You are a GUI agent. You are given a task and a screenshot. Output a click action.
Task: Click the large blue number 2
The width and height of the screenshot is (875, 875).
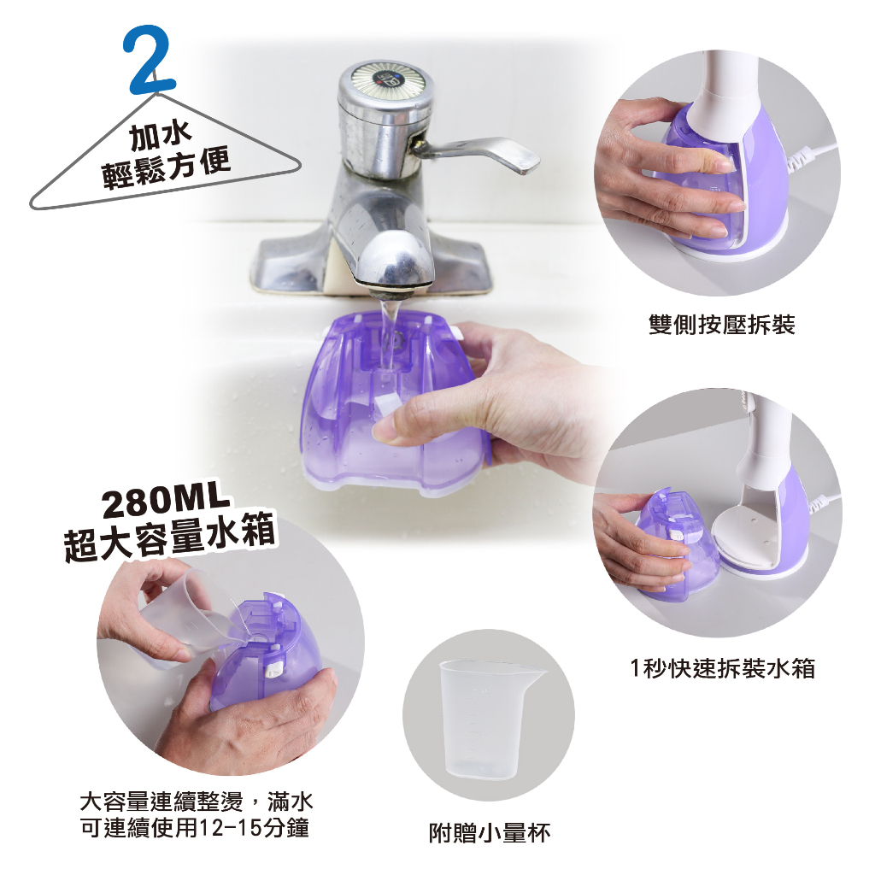tap(149, 60)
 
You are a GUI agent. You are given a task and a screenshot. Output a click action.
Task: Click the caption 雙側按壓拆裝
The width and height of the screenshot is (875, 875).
tap(721, 324)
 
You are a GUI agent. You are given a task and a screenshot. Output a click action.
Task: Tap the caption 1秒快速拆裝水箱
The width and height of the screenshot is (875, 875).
tap(722, 668)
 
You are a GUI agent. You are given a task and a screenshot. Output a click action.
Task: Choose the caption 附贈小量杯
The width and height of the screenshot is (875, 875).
tap(490, 833)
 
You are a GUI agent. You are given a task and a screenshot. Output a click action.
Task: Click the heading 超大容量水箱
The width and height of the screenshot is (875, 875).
tap(170, 537)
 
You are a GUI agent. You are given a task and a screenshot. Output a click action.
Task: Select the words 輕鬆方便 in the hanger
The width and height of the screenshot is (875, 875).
tap(166, 169)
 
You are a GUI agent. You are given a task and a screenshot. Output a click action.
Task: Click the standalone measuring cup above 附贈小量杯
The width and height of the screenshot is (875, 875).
tap(491, 719)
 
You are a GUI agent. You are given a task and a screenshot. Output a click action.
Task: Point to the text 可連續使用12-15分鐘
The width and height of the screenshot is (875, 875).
tap(195, 828)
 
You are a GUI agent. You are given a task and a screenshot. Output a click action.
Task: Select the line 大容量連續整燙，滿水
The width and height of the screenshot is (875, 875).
tap(197, 802)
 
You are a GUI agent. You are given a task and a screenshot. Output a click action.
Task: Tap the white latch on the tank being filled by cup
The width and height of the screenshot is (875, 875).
tap(273, 668)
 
